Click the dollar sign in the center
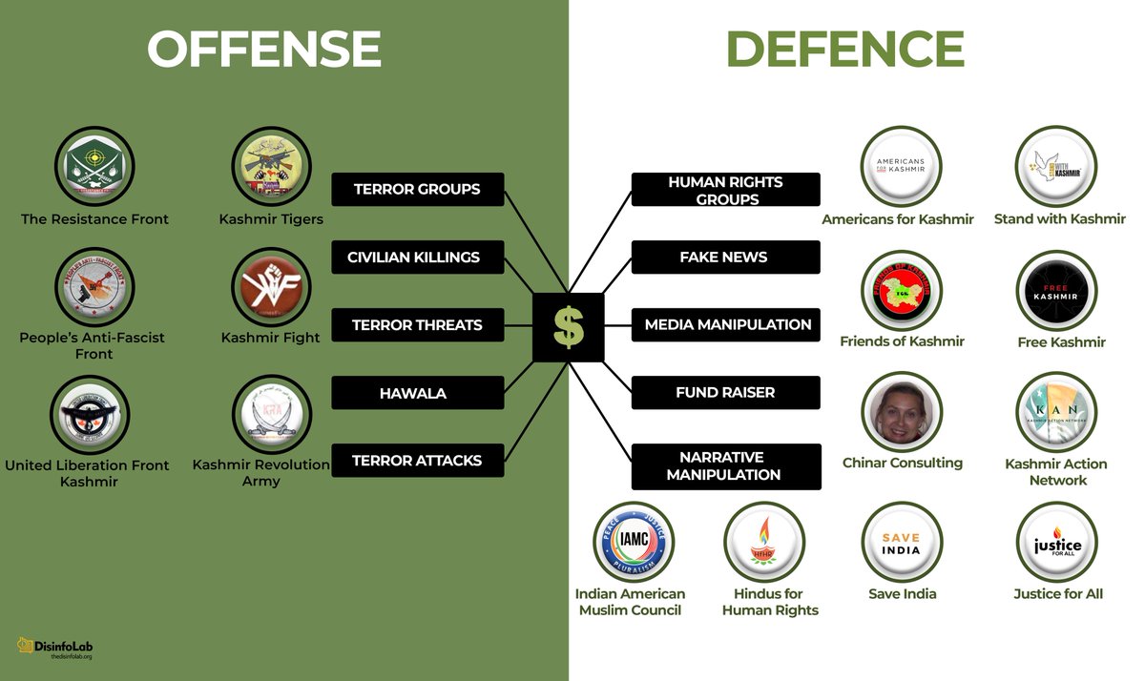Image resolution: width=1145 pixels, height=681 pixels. pyautogui.click(x=568, y=326)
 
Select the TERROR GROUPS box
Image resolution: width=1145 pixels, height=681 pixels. pyautogui.click(x=417, y=189)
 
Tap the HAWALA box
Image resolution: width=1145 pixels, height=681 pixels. pyautogui.click(x=417, y=393)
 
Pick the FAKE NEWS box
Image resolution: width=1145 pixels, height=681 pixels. pyautogui.click(x=724, y=257)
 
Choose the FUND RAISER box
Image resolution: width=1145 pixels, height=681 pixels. pyautogui.click(x=724, y=392)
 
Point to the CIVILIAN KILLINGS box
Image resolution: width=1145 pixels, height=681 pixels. pyautogui.click(x=413, y=257)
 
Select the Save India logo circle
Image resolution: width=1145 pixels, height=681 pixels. pyautogui.click(x=902, y=543)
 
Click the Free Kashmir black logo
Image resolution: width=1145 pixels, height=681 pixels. pyautogui.click(x=1056, y=292)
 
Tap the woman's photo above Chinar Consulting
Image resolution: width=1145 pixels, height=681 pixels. pyautogui.click(x=902, y=412)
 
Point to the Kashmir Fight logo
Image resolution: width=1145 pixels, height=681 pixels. pyautogui.click(x=271, y=289)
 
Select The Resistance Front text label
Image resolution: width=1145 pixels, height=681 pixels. pyautogui.click(x=94, y=219)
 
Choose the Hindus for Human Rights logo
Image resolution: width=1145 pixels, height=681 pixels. pyautogui.click(x=763, y=543)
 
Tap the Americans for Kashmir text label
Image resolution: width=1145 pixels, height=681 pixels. pyautogui.click(x=898, y=219)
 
